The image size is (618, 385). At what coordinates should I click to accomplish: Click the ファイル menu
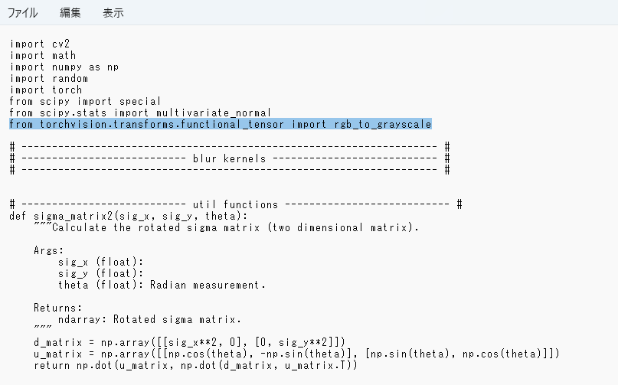tap(22, 13)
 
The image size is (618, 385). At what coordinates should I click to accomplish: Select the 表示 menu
tap(113, 13)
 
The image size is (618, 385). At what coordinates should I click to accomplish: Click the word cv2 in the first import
tap(61, 44)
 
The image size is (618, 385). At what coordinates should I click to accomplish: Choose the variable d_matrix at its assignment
tap(58, 342)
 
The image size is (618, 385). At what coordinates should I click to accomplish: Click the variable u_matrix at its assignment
tap(58, 354)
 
